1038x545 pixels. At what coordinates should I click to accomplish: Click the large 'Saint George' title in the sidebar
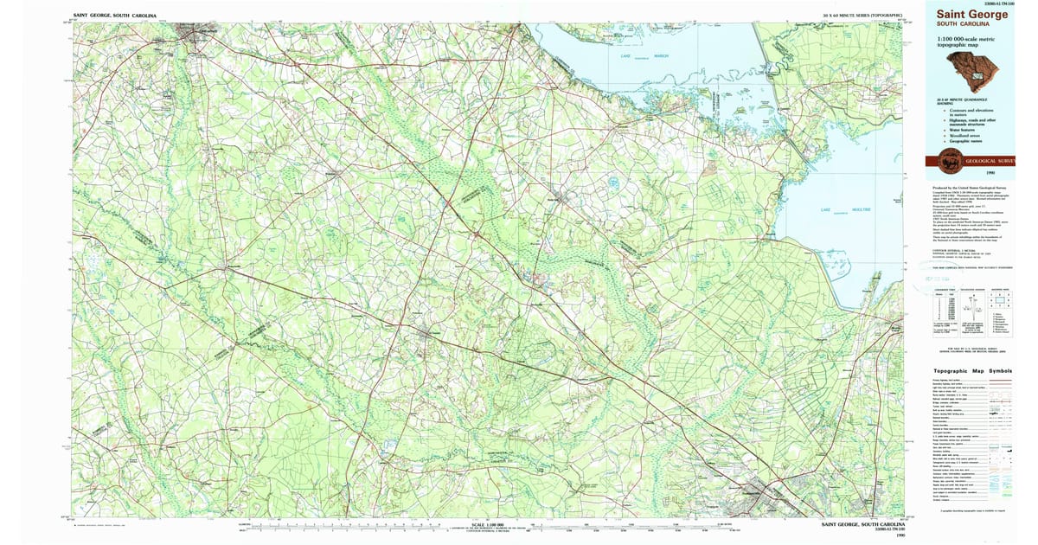click(968, 13)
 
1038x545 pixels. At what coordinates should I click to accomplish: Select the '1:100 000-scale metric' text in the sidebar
click(967, 39)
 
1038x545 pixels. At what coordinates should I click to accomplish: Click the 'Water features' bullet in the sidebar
click(960, 130)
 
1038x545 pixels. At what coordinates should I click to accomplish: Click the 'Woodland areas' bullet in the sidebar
click(961, 136)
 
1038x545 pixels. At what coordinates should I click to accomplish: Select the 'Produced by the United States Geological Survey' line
click(969, 187)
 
